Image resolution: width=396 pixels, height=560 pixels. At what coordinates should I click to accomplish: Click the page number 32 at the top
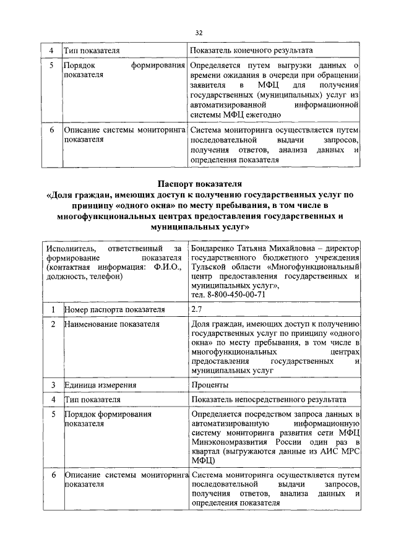[x=199, y=33]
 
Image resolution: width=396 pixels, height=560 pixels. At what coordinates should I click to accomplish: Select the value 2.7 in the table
[x=197, y=309]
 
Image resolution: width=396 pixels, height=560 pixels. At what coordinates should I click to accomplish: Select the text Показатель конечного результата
[x=251, y=50]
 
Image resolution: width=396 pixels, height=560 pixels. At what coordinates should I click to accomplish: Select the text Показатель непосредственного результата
[x=269, y=400]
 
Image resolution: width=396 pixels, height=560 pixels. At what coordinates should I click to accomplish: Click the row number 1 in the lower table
[x=53, y=309]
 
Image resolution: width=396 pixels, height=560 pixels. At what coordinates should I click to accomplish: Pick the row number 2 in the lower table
[x=53, y=324]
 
